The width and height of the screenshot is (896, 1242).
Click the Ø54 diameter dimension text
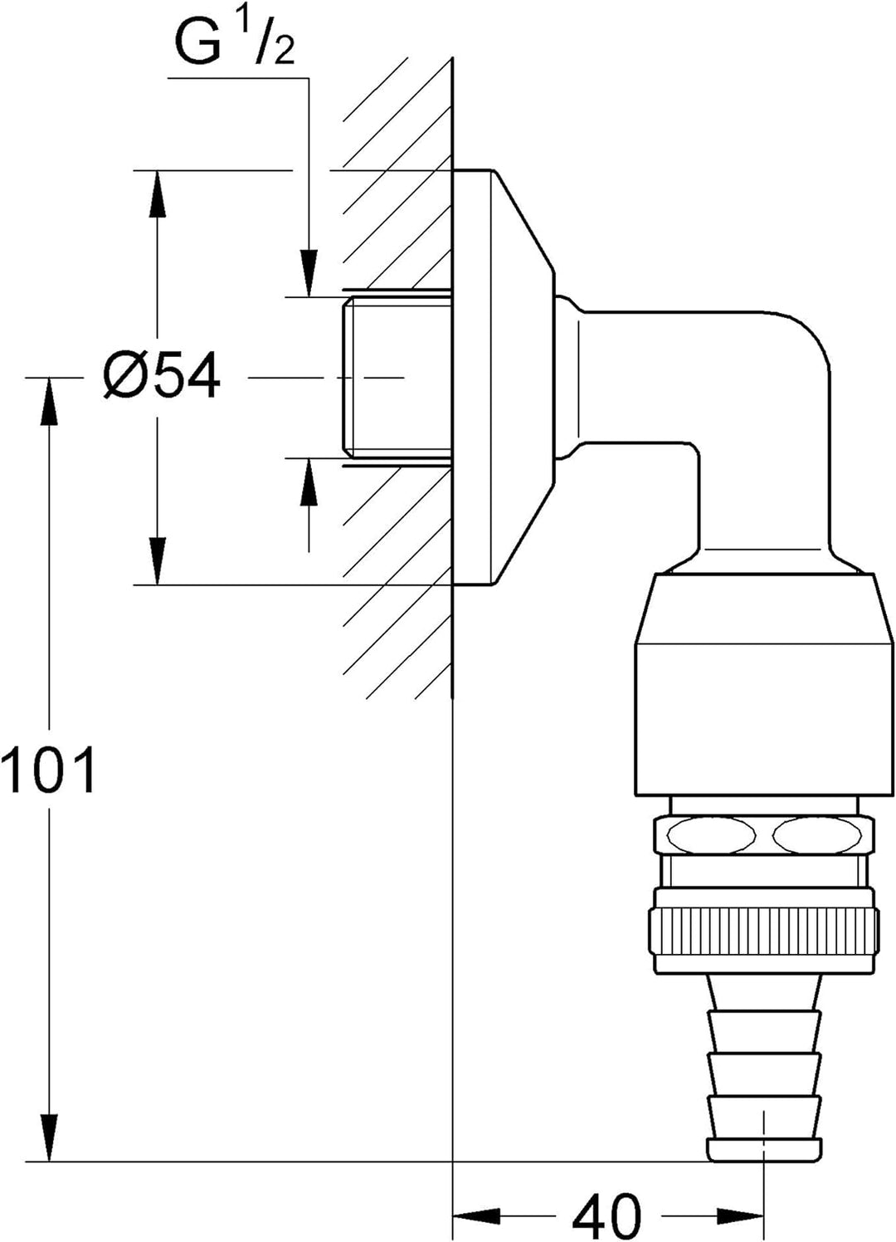162,378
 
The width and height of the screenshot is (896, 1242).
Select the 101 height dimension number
49,769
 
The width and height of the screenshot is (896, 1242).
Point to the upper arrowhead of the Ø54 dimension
158,193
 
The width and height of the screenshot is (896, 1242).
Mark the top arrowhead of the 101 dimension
50,402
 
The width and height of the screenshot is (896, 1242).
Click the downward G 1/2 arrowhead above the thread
309,273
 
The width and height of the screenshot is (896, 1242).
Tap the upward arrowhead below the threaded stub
309,482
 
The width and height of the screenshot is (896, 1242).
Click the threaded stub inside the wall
397,378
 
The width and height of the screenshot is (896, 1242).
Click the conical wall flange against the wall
503,377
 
